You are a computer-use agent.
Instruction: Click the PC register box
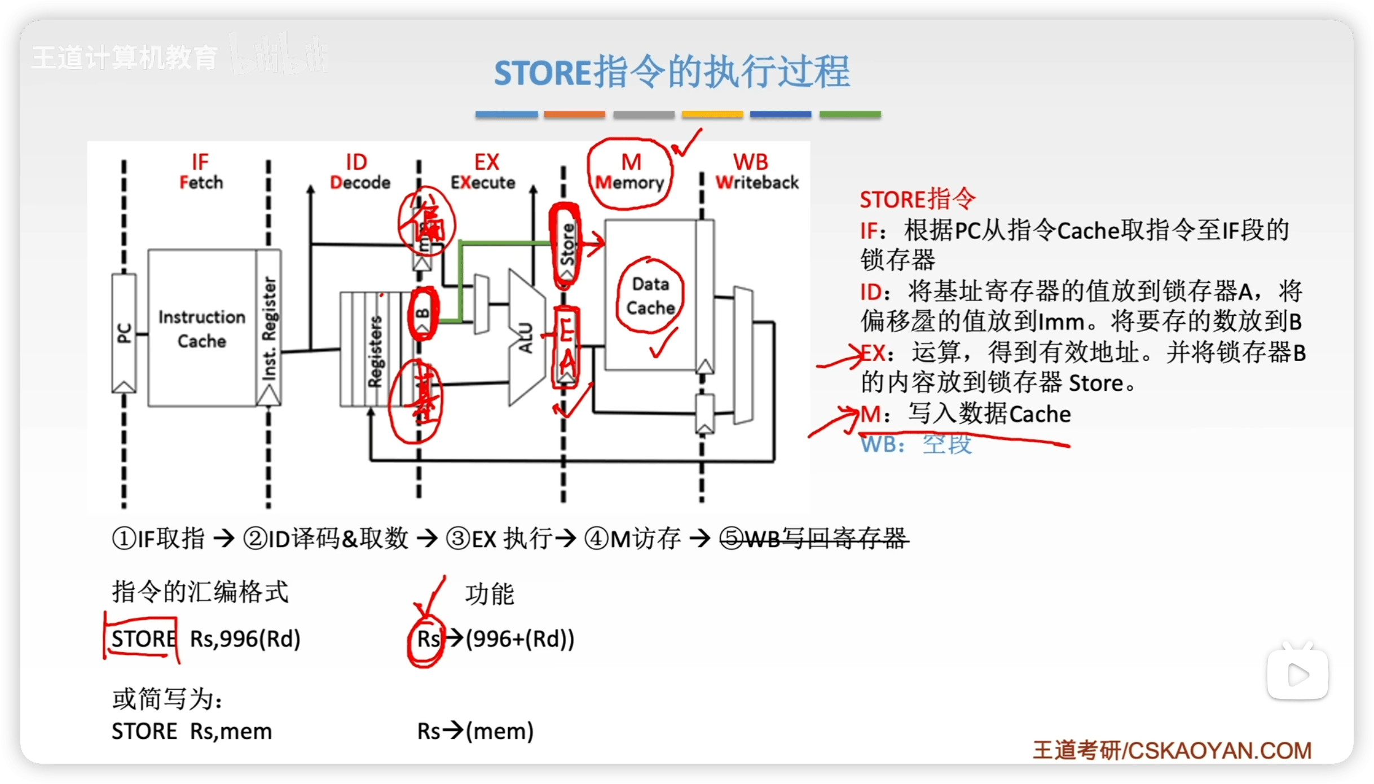click(x=124, y=333)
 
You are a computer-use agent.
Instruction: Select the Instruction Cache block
click(x=201, y=328)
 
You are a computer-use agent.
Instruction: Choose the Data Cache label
click(x=650, y=296)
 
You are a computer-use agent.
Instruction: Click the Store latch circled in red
click(x=566, y=245)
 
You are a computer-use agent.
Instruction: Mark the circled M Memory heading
click(x=630, y=172)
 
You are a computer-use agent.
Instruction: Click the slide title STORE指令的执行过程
click(x=672, y=72)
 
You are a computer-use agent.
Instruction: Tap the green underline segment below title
click(x=849, y=114)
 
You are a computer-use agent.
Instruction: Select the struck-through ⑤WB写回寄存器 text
click(x=814, y=539)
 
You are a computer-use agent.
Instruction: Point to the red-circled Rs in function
click(x=428, y=639)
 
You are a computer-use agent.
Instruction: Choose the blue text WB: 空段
click(x=916, y=444)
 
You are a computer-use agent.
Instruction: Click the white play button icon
click(x=1297, y=675)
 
